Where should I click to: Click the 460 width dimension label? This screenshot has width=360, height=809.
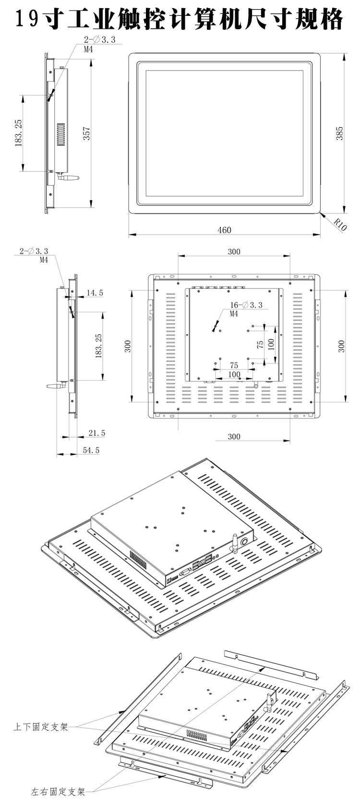pos(224,230)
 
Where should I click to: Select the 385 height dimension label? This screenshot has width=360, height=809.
pos(339,133)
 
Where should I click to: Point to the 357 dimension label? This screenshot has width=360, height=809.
pos(87,133)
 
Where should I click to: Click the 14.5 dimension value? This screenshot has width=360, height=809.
pos(94,293)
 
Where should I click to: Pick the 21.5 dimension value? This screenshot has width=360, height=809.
pos(96,433)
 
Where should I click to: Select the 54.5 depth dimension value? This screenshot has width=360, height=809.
pos(91,450)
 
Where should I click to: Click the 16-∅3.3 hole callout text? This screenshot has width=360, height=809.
pos(246,305)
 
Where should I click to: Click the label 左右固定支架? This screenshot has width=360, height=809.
pos(58,792)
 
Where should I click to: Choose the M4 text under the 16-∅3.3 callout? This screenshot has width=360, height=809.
pos(234,314)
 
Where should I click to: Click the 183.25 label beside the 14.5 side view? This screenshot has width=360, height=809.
pos(99,345)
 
